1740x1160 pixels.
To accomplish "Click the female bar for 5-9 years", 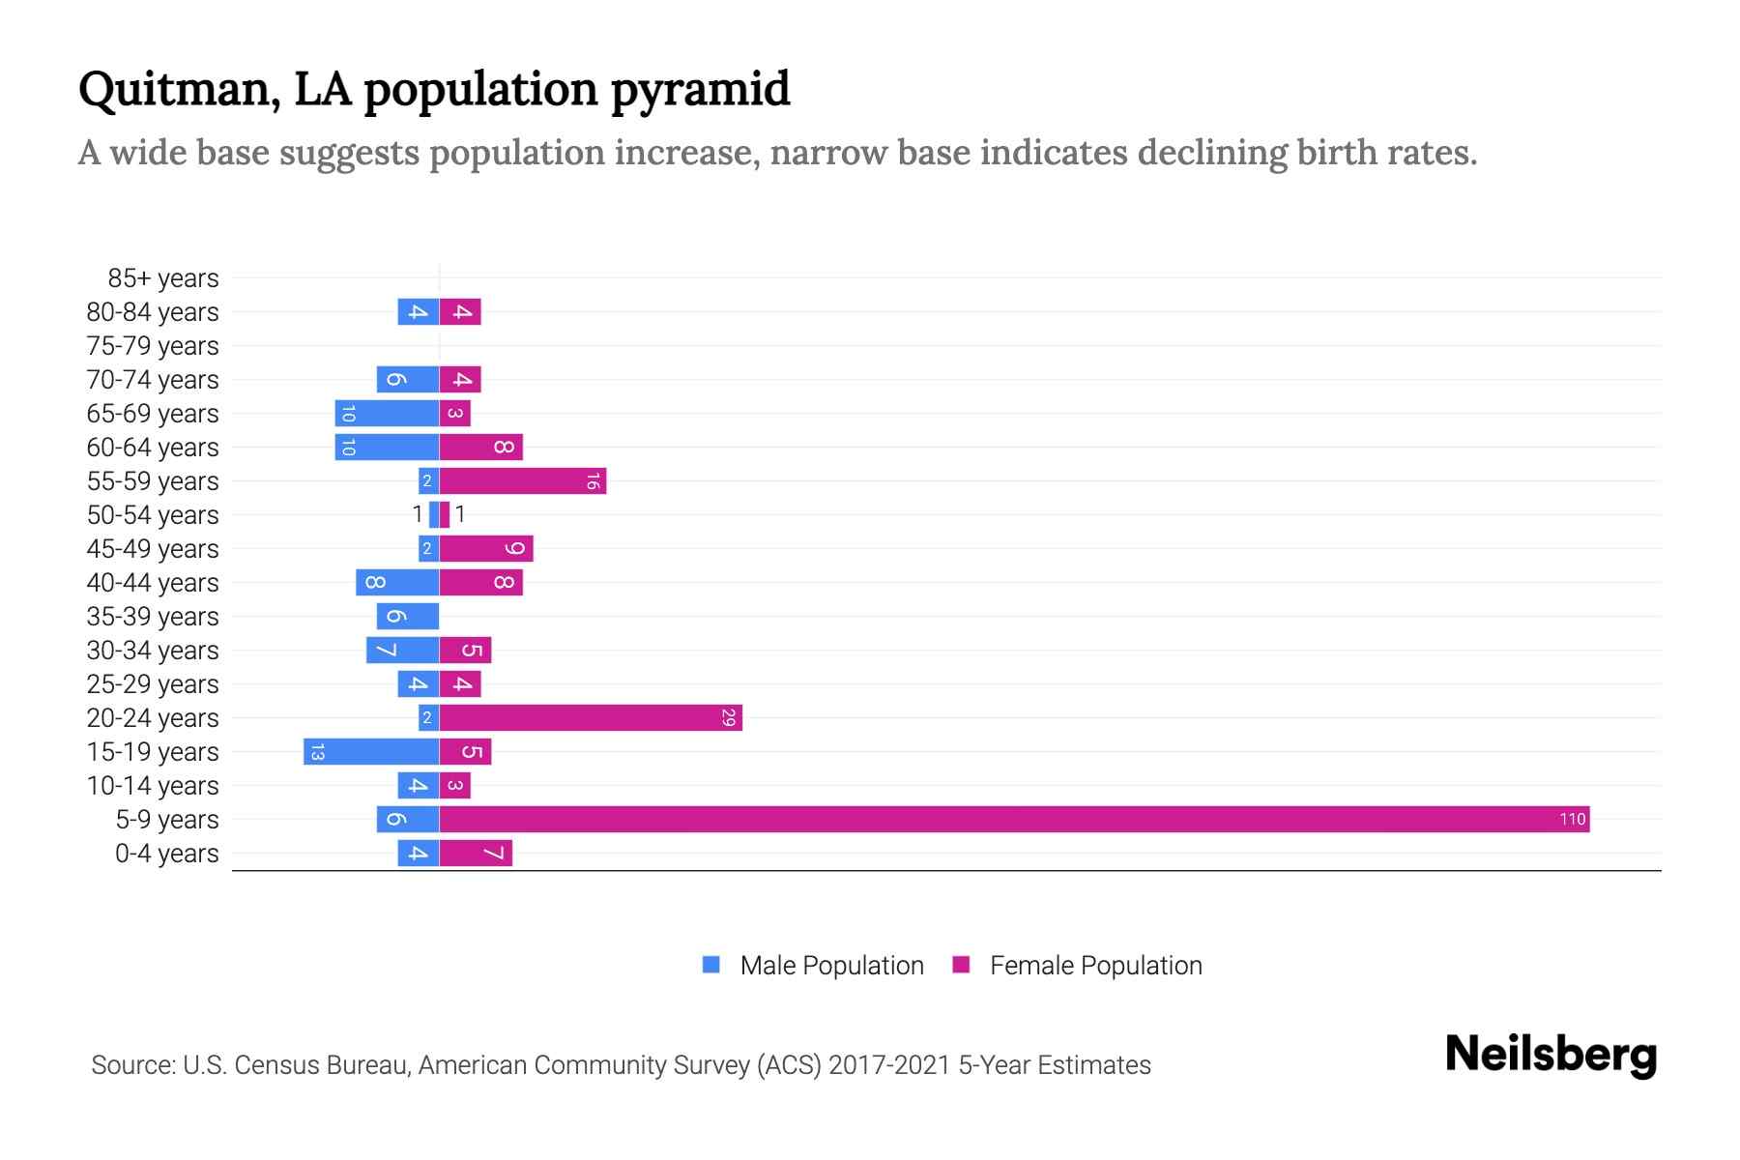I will tap(1014, 819).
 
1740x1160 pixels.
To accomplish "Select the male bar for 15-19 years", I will tap(371, 751).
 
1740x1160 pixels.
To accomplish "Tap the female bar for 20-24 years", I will tap(591, 717).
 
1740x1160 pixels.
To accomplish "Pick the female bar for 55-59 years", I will tap(523, 480).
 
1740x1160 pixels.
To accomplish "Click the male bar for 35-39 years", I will tap(408, 616).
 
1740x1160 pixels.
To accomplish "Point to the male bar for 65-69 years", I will tap(387, 413).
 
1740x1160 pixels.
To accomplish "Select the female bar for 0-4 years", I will tap(476, 853).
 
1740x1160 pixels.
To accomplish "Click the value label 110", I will tap(1572, 819).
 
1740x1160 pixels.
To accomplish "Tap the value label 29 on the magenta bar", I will tap(729, 717).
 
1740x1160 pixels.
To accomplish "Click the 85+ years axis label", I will tap(162, 278).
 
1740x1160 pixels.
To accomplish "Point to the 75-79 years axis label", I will tap(153, 346).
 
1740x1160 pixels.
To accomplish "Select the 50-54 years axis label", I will tap(153, 515).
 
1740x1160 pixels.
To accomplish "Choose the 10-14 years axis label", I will tap(153, 786).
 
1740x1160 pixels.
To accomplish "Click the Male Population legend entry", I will tap(830, 965).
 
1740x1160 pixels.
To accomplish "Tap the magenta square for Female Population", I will tap(961, 965).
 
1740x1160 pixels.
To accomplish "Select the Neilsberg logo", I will tap(1551, 1055).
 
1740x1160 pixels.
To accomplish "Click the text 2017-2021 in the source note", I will tap(888, 1065).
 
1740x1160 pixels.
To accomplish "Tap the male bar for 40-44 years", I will tap(397, 582).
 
